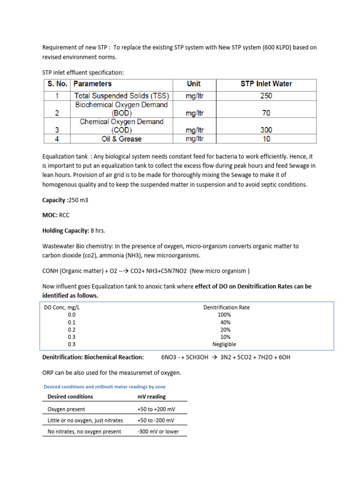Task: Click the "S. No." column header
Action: point(57,84)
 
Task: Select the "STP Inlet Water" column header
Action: point(266,84)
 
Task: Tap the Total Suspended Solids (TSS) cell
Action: point(121,96)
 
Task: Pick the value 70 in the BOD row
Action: point(266,113)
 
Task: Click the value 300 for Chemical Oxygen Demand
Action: point(266,130)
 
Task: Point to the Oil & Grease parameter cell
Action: point(121,139)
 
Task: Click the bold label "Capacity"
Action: point(54,200)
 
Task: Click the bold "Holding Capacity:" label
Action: point(66,231)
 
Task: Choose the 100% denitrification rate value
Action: point(224,315)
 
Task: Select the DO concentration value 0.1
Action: point(71,322)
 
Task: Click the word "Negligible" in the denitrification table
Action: point(224,344)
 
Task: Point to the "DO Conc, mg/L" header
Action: point(65,307)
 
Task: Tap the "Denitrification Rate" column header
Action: point(226,307)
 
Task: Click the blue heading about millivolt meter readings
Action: point(104,387)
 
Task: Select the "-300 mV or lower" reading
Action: point(158,431)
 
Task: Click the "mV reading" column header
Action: point(151,397)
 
